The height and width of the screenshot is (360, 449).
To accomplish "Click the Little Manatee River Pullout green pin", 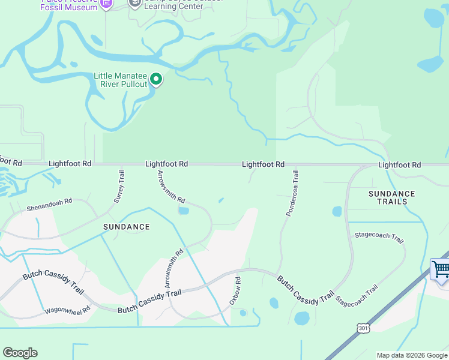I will click(x=156, y=79).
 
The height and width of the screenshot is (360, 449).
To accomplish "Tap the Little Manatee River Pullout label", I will click(x=120, y=80).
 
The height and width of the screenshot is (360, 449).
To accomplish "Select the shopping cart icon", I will click(x=441, y=269).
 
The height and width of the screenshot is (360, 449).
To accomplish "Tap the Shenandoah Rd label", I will click(x=49, y=205).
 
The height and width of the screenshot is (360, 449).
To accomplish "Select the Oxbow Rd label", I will click(x=235, y=291).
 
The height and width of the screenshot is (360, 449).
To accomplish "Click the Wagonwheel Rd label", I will click(x=67, y=311).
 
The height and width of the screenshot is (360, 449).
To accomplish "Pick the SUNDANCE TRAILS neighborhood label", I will click(x=391, y=197).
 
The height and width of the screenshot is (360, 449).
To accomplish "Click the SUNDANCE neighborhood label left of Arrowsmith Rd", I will click(x=126, y=227).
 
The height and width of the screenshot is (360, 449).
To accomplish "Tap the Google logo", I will click(x=20, y=353).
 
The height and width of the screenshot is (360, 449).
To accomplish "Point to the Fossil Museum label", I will click(x=73, y=7).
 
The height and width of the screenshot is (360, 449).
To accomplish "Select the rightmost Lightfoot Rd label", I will click(x=400, y=164).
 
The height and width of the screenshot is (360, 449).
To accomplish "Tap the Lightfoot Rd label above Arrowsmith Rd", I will click(x=167, y=164).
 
